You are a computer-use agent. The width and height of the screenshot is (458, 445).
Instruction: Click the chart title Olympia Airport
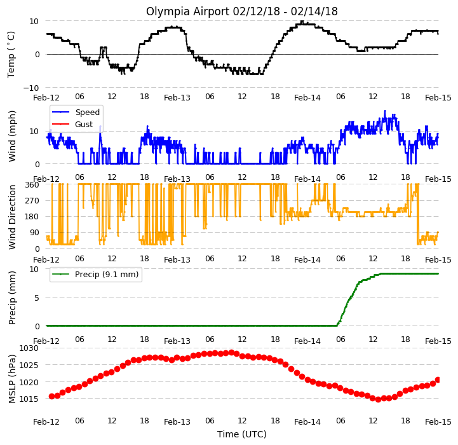(x=188, y=11)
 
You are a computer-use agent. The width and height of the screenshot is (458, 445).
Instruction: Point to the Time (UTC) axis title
(x=242, y=434)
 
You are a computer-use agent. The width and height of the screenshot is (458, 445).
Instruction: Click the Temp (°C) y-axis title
(x=11, y=55)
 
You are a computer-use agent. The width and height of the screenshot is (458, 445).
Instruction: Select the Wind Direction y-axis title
(x=12, y=217)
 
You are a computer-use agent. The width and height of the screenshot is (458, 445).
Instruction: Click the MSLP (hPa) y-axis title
(x=12, y=379)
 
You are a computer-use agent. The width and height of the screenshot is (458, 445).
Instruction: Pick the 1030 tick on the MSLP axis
(x=29, y=348)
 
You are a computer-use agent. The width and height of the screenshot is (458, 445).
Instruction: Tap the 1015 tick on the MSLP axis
(x=29, y=399)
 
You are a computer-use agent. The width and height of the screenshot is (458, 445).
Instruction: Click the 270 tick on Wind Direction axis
(x=32, y=201)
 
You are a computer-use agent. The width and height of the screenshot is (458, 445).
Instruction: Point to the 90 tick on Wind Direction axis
(x=34, y=233)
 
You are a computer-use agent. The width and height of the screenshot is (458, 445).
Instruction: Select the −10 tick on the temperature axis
(x=31, y=88)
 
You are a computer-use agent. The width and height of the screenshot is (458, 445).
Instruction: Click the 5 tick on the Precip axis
(x=36, y=298)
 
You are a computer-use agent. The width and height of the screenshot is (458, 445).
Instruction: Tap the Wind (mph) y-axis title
(x=12, y=136)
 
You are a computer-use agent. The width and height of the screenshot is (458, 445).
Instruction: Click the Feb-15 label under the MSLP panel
(x=438, y=422)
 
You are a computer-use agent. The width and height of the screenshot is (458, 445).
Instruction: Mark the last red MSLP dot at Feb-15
(x=438, y=380)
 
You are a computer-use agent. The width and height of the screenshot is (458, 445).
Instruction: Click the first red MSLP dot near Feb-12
(x=51, y=396)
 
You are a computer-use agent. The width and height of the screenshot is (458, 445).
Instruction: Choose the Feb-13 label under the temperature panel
(x=177, y=98)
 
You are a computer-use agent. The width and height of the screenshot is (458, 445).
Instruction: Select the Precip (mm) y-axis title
(x=12, y=298)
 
